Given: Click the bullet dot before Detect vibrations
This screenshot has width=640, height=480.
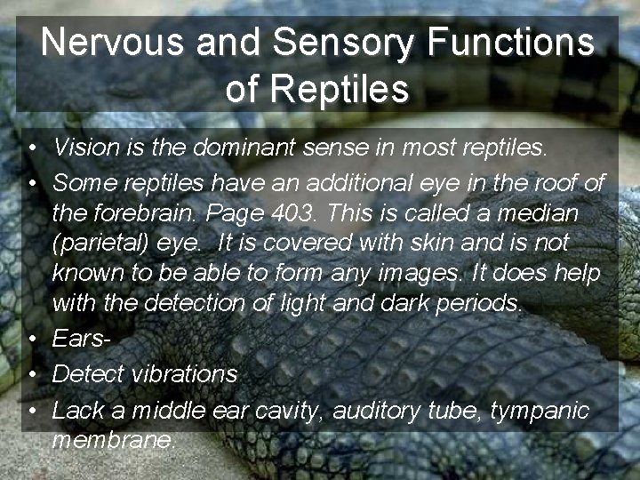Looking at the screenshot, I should click(x=30, y=374).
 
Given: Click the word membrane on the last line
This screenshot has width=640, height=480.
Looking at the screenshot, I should click(x=113, y=440).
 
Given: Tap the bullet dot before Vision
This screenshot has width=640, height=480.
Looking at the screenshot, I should click(x=30, y=148).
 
